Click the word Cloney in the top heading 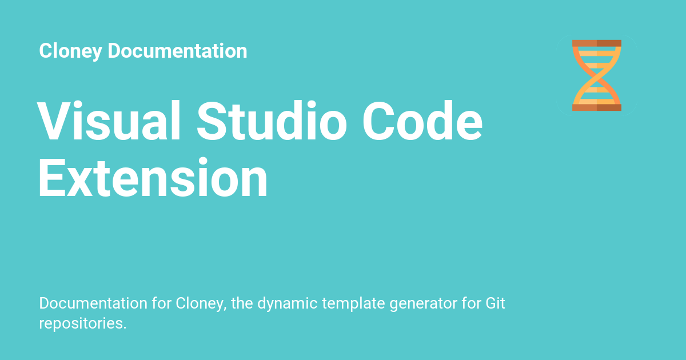[71, 51]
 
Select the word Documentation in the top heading [177, 51]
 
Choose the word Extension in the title [153, 178]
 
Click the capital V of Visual [54, 121]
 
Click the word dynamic [288, 303]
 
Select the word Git [494, 303]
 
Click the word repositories [82, 323]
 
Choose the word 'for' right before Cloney [162, 303]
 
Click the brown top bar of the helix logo [596, 43]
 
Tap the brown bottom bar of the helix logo [596, 107]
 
